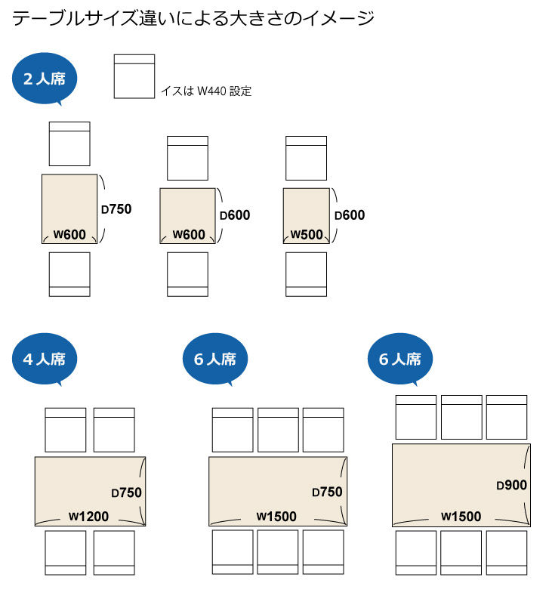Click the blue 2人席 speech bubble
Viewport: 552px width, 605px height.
coord(45,78)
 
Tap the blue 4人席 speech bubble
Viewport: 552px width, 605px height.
coord(45,359)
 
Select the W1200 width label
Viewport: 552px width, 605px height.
coord(89,517)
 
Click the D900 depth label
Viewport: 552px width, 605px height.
coord(511,485)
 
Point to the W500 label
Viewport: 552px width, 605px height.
coord(307,234)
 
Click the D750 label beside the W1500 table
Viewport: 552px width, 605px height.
coord(327,492)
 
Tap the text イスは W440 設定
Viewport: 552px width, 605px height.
coord(205,91)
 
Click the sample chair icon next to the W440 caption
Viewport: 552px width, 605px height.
coord(134,76)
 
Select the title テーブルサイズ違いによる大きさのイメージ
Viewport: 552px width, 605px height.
coord(193,18)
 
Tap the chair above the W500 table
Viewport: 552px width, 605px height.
coord(306,158)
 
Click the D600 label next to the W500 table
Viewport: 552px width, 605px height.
coord(350,215)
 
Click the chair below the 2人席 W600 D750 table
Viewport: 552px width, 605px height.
coord(69,273)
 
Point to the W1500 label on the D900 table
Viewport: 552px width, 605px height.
coord(461,517)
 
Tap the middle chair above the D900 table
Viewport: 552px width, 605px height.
coord(461,418)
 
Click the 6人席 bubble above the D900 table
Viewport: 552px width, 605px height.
coord(400,359)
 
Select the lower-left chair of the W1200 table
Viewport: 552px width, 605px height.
coord(66,553)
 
